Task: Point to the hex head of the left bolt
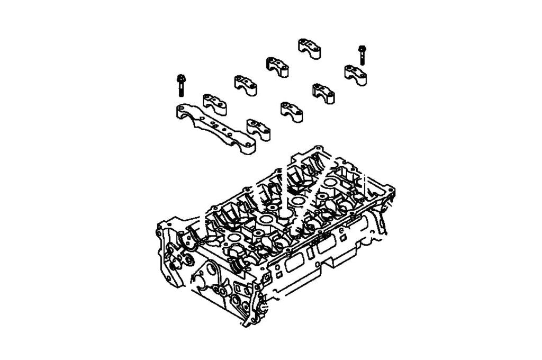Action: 180,78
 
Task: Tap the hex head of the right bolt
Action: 362,48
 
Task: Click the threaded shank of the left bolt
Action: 180,90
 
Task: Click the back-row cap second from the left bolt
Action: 246,85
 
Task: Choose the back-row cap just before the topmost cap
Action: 277,67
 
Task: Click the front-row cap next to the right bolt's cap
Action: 322,92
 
